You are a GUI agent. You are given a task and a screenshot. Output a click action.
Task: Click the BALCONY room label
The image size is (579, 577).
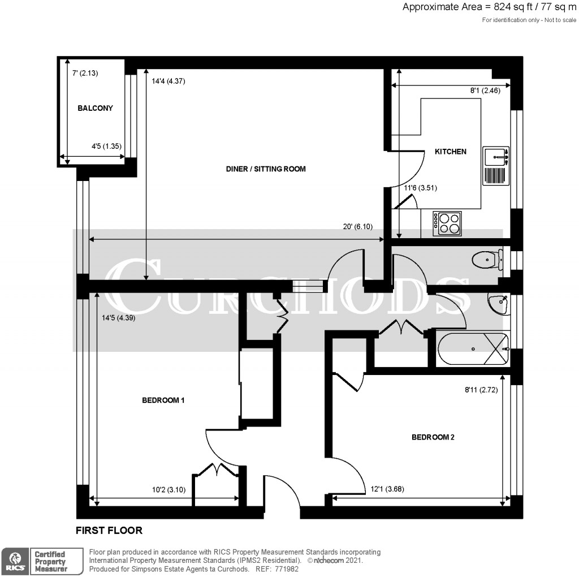coord(95,108)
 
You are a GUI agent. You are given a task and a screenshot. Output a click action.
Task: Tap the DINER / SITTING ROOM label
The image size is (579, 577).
coord(266,169)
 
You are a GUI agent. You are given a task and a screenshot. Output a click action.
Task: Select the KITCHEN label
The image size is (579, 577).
coord(450,152)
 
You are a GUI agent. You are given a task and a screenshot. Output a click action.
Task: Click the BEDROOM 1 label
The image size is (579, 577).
coord(163,401)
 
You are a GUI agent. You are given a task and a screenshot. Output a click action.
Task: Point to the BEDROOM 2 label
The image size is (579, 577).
coord(433,437)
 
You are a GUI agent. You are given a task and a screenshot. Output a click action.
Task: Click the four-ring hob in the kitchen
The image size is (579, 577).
coord(447,223)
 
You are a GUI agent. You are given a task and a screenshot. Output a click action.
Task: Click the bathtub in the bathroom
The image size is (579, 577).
coord(473,349)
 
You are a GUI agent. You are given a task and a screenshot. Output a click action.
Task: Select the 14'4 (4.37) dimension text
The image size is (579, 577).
coord(168,81)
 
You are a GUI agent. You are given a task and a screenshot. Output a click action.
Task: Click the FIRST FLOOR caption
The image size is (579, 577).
coord(109,531)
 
